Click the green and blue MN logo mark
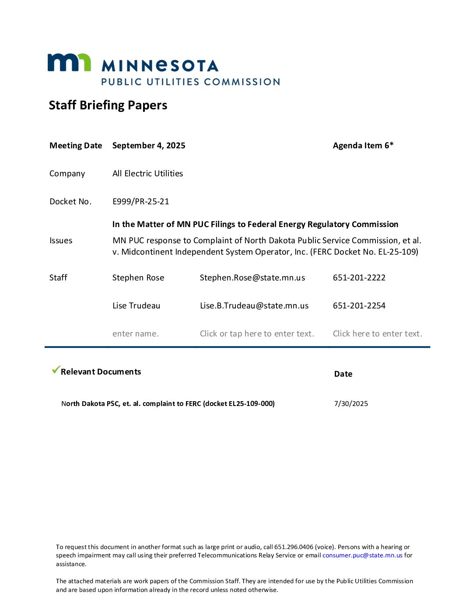click(69, 63)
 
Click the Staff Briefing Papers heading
click(108, 105)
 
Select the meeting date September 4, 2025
click(149, 146)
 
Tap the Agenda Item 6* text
click(363, 146)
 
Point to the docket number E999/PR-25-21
click(140, 202)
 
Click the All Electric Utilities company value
click(147, 174)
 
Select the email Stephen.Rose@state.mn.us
click(252, 278)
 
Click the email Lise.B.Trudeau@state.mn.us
click(254, 306)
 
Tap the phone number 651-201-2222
click(359, 278)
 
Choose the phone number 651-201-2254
click(359, 306)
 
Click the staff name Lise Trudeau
click(136, 306)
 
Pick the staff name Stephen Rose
click(138, 278)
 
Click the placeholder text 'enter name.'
click(136, 334)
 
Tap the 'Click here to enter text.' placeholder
click(378, 334)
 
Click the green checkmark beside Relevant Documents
click(56, 370)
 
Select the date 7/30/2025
click(351, 404)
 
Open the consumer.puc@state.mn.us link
click(362, 556)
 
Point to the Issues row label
click(61, 241)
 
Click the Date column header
click(343, 374)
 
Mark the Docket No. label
click(70, 202)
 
